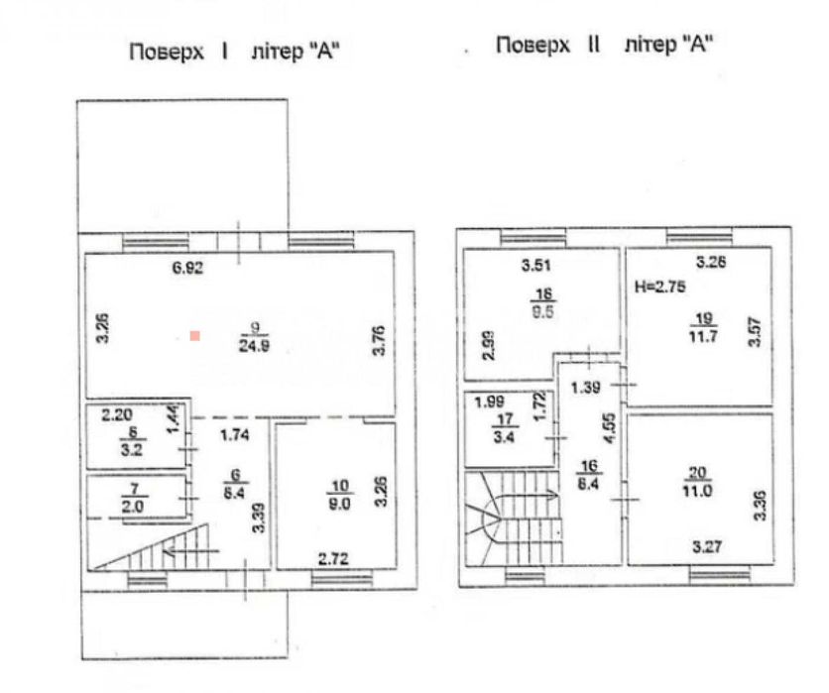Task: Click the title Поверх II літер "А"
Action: [604, 46]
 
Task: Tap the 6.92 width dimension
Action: [186, 268]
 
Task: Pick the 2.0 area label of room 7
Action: [130, 506]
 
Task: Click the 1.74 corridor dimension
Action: [234, 436]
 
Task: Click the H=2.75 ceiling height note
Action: [656, 286]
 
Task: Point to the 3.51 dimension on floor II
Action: [536, 265]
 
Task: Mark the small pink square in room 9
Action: [196, 337]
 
